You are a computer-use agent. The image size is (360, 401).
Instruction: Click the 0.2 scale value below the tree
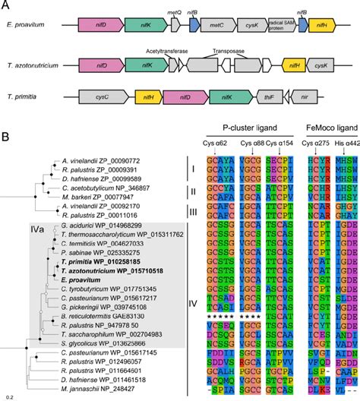pos(9,396)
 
